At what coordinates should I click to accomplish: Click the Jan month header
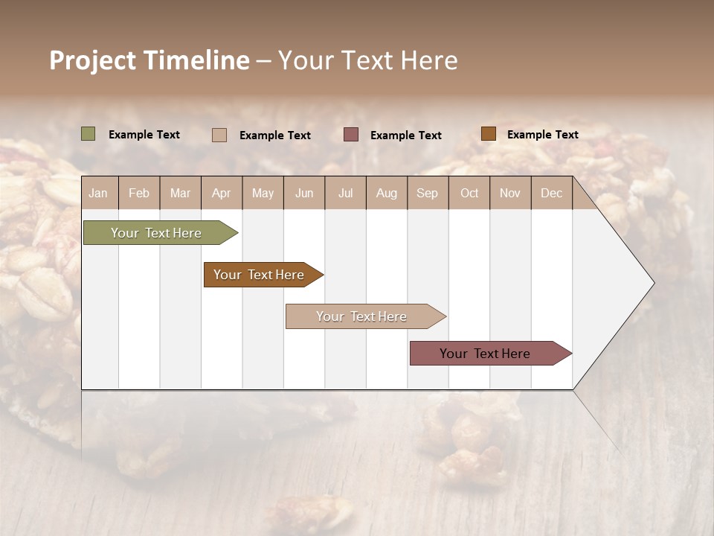[98, 193]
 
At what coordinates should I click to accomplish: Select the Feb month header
[139, 193]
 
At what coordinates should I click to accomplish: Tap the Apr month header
[221, 193]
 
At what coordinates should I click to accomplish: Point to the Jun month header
[304, 193]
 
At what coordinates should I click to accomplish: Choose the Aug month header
[386, 193]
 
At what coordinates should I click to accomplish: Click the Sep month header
[427, 193]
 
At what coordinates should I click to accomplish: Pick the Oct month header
[469, 193]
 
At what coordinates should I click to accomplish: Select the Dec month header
[551, 193]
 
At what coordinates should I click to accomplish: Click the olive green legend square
[88, 134]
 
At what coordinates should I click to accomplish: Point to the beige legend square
[219, 135]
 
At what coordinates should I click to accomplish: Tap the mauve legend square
[351, 135]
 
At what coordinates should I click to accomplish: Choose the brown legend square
[488, 134]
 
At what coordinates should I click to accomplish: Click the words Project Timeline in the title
[149, 60]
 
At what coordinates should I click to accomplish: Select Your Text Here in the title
[367, 60]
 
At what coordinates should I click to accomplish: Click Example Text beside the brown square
[542, 135]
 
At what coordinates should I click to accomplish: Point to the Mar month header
[180, 193]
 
